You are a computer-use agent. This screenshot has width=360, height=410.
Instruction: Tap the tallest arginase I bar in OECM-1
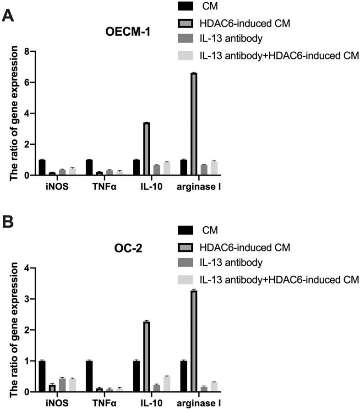click(x=193, y=124)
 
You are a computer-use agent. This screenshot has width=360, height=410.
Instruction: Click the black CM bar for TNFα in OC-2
click(x=89, y=376)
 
